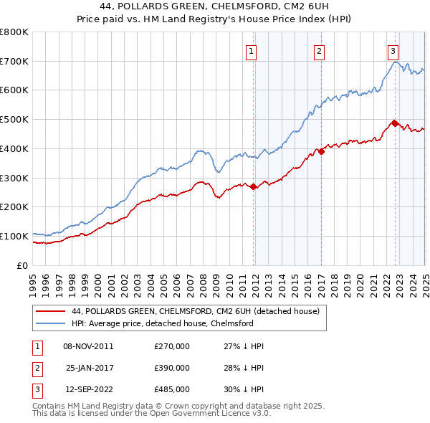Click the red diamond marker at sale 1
point(254,186)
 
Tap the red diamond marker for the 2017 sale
point(322,151)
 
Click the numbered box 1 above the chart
point(252,51)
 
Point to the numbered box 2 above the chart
point(319,51)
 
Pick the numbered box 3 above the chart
point(393,51)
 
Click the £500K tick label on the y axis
point(14,120)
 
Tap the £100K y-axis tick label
point(14,236)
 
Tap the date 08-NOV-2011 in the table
point(88,346)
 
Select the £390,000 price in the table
point(172,368)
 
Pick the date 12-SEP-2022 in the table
point(90,389)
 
